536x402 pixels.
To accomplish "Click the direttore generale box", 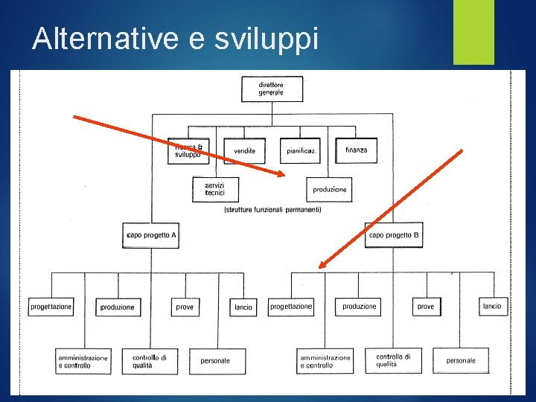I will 272,89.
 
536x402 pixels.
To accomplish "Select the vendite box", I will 244,150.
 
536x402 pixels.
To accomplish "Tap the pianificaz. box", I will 300,150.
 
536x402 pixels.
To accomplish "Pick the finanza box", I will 356,150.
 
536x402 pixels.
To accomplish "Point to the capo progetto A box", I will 152,235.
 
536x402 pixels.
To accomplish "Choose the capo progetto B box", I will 394,235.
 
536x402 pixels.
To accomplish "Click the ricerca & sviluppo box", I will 188,151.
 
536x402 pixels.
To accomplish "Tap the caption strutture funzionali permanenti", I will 272,211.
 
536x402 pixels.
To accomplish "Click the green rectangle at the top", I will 473,31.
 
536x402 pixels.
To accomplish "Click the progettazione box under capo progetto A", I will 51,307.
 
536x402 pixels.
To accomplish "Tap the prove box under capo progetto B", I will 426,306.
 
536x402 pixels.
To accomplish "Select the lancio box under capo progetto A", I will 243,307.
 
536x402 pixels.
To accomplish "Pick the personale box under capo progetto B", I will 461,361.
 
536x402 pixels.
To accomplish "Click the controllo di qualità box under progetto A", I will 150,361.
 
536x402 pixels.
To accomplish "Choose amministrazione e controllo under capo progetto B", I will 325,361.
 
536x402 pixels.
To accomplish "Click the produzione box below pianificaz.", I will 330,189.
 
